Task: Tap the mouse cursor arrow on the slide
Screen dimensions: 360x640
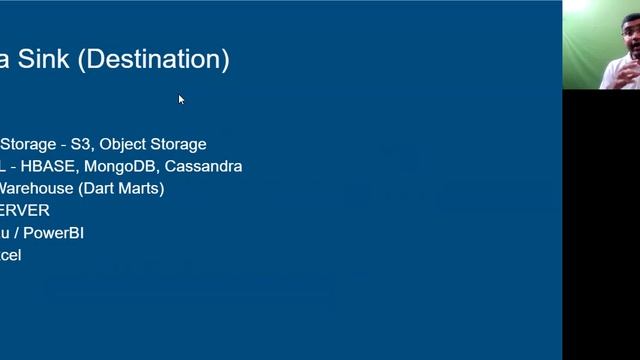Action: [x=181, y=98]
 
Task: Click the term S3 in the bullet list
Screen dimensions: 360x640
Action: [x=80, y=144]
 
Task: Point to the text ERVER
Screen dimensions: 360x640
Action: [x=24, y=210]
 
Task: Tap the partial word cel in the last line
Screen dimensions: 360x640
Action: [x=10, y=255]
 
